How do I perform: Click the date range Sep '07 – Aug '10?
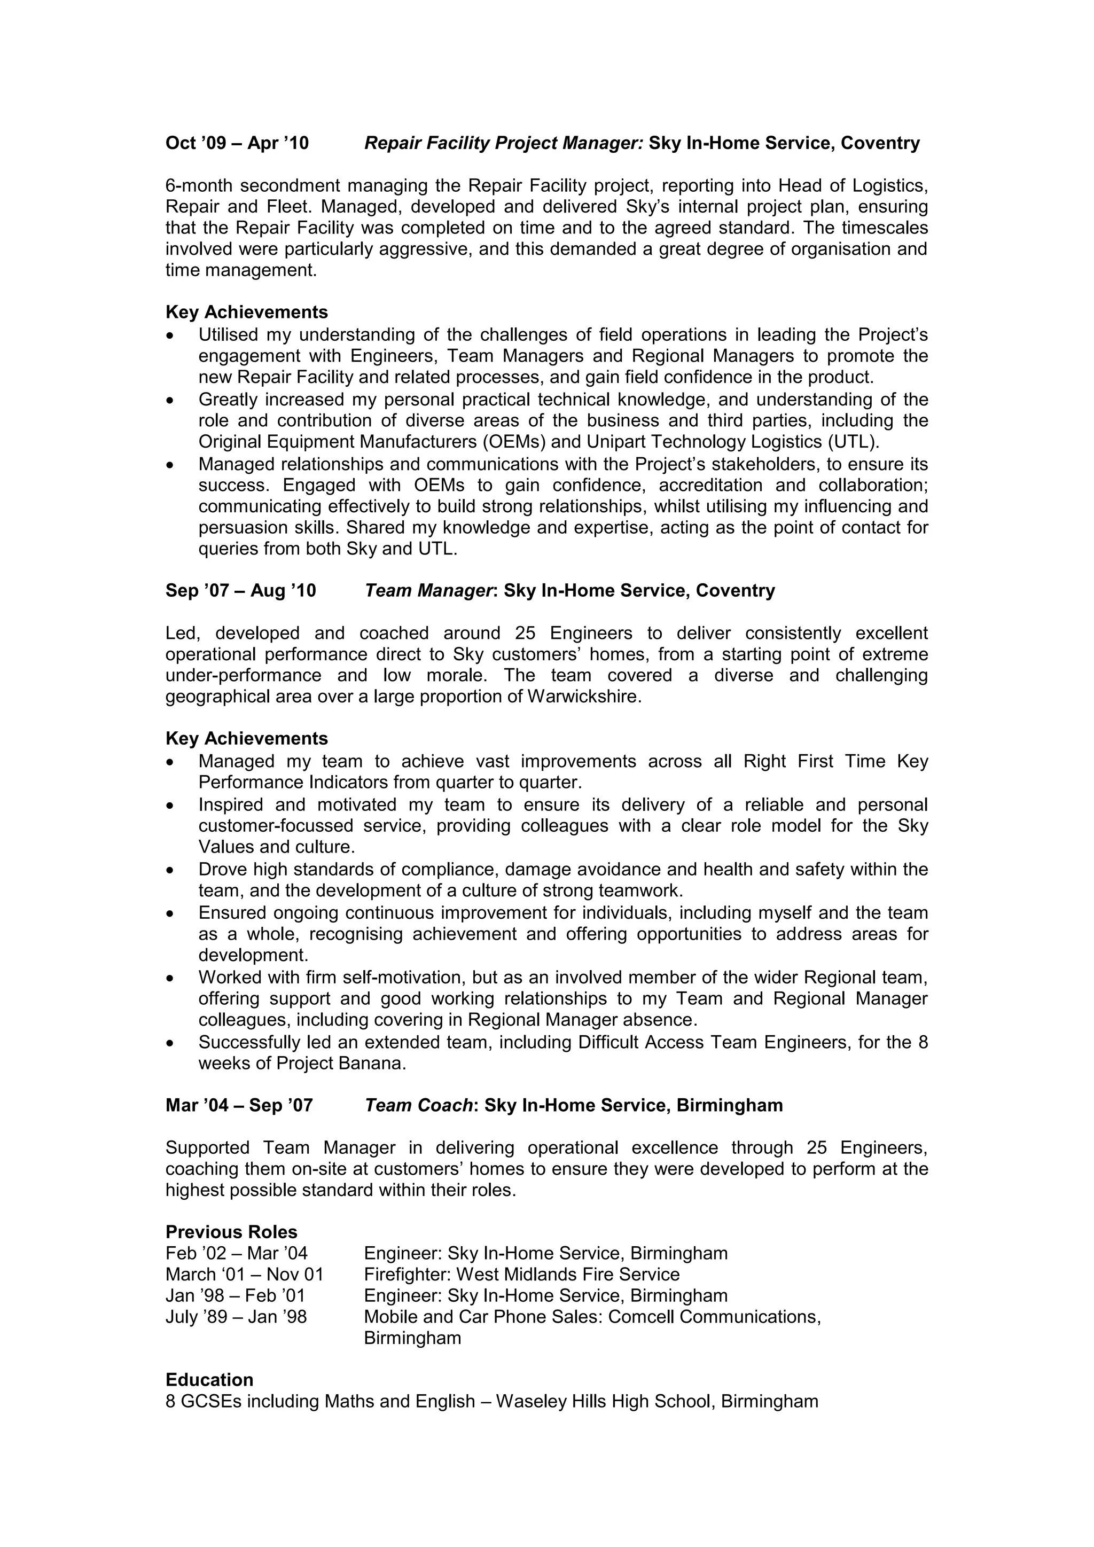(x=240, y=591)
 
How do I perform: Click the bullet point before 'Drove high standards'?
(x=170, y=871)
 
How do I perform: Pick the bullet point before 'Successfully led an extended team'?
(x=170, y=1043)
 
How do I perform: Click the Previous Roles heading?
(x=231, y=1232)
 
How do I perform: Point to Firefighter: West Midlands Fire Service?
(x=521, y=1275)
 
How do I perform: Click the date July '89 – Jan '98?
(x=236, y=1317)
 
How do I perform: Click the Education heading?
(x=209, y=1380)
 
